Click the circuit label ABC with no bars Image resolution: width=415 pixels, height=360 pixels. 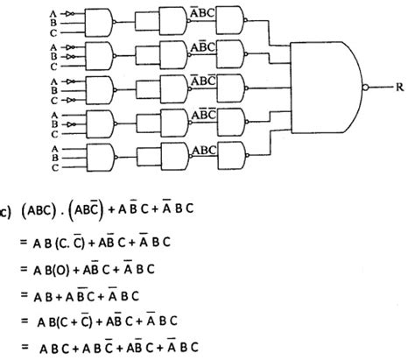[203, 150]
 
